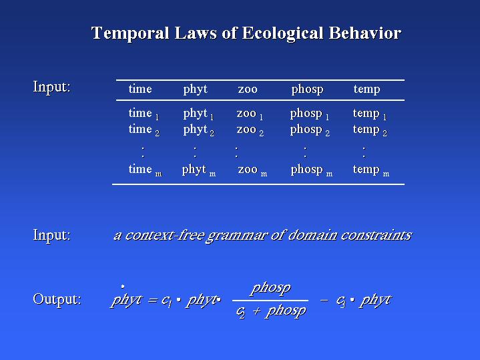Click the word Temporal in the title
tap(130, 33)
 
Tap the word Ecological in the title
tap(282, 33)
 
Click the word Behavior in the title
tap(365, 33)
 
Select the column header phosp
tap(307, 89)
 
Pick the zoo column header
tap(248, 89)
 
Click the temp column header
tap(367, 89)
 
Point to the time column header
tap(140, 89)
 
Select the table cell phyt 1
tap(198, 114)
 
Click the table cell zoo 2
tap(250, 130)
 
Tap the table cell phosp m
tap(312, 170)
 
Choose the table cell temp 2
tap(370, 130)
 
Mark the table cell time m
tap(145, 170)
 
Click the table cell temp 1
tap(370, 114)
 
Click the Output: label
tap(57, 299)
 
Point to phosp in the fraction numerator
tap(270, 289)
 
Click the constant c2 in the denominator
tap(240, 312)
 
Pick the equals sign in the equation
tap(153, 301)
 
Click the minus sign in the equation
tap(324, 300)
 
